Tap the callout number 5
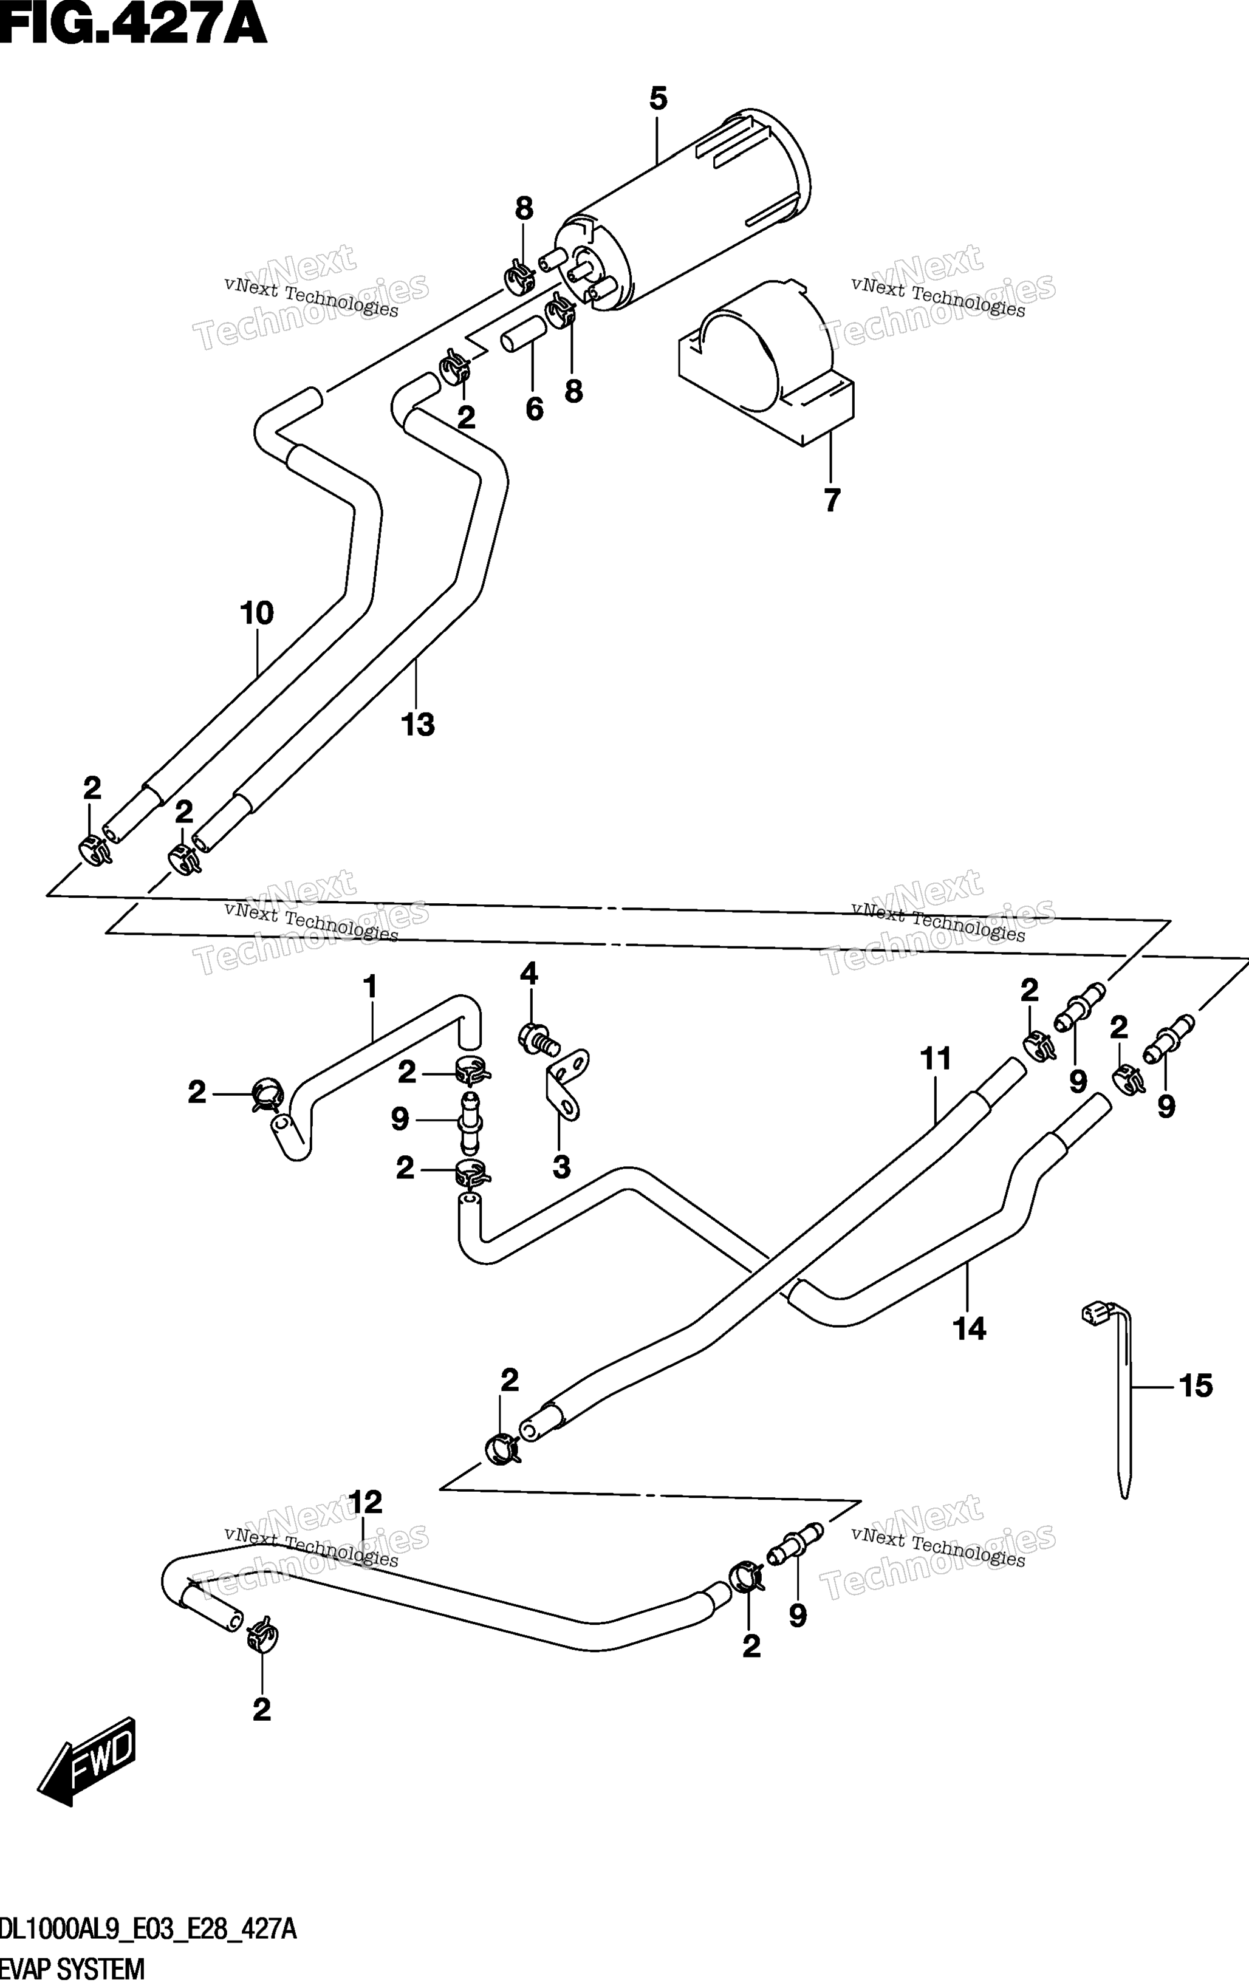[658, 99]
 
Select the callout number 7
[832, 500]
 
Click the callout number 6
[535, 409]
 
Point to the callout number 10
[257, 613]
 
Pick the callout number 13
[418, 725]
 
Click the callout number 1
[370, 986]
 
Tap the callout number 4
[529, 974]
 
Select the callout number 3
[561, 1167]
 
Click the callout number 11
[936, 1059]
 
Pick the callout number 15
[1196, 1385]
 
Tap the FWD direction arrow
[86, 1761]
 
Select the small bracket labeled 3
[567, 1084]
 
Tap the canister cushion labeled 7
[765, 363]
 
